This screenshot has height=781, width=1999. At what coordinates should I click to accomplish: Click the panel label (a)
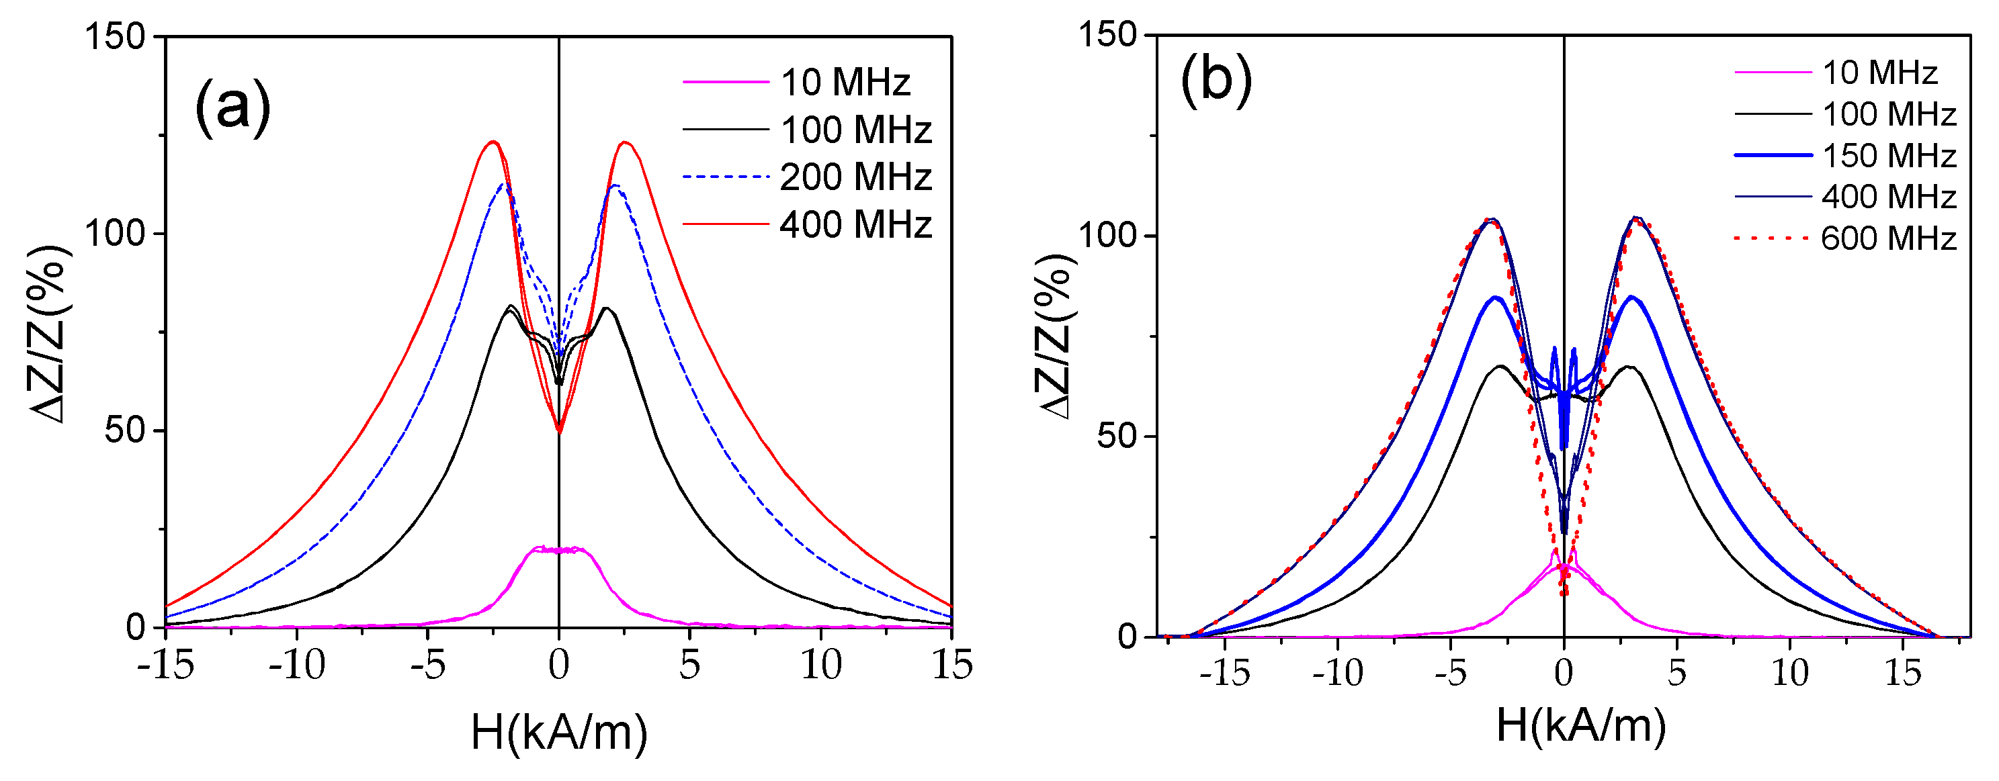[232, 106]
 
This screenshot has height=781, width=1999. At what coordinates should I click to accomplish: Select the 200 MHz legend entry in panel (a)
[855, 177]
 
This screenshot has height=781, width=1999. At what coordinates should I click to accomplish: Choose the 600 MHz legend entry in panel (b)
[1888, 238]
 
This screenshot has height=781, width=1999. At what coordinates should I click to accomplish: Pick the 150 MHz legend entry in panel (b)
[1888, 156]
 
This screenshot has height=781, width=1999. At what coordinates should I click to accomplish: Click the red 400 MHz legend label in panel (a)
[855, 225]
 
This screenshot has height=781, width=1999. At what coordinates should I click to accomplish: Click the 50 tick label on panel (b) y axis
[1116, 436]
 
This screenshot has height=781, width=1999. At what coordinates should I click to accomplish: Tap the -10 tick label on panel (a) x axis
[297, 665]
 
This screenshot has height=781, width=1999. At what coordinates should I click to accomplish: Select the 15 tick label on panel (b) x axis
[1903, 673]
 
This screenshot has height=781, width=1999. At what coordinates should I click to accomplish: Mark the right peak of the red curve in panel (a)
[626, 143]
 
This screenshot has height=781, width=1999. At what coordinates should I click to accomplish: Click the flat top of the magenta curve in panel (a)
[559, 550]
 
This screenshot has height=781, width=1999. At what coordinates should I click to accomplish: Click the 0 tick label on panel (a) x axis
[559, 665]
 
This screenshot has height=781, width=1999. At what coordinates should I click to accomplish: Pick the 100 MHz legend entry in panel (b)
[1888, 115]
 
